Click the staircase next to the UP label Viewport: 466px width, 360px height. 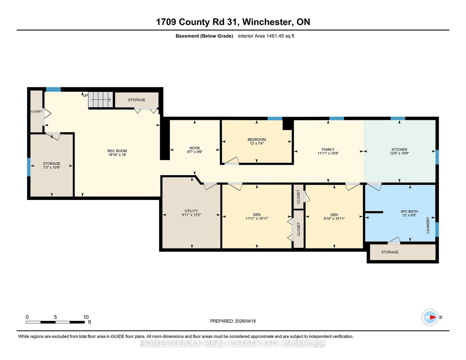click(x=100, y=100)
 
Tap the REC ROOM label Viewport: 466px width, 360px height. click(x=117, y=151)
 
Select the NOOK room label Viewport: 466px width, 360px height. click(x=195, y=148)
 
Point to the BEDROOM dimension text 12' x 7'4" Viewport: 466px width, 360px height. click(x=257, y=143)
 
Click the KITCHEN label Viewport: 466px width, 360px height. click(x=399, y=149)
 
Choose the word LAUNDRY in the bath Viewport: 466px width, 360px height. click(x=428, y=225)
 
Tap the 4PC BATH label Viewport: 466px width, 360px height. click(x=409, y=211)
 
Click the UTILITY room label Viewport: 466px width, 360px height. click(x=191, y=211)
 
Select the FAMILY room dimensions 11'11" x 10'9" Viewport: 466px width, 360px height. click(x=328, y=153)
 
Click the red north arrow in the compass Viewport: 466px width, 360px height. click(x=433, y=317)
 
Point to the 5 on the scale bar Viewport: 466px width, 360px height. click(x=55, y=317)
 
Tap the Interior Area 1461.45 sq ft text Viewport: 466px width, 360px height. click(x=266, y=36)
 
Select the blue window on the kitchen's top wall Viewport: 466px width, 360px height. click(x=398, y=118)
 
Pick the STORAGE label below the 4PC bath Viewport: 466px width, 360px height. click(x=390, y=252)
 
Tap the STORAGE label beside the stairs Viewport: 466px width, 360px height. click(x=137, y=100)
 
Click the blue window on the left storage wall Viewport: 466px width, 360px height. click(x=29, y=167)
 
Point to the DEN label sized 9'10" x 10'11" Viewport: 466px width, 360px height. click(x=334, y=215)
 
